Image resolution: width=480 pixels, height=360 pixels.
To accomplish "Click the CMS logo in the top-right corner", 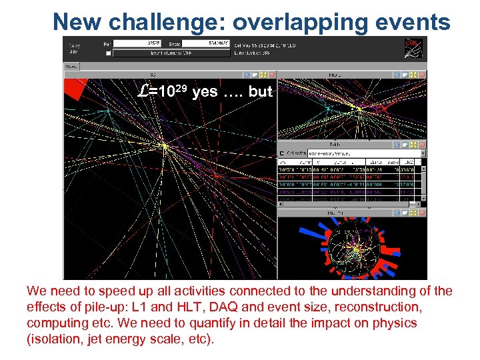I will pyautogui.click(x=413, y=47).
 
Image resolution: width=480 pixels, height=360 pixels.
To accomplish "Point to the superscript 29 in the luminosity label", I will pyautogui.click(x=178, y=87).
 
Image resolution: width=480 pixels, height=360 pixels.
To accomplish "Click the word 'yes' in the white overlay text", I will pyautogui.click(x=205, y=92).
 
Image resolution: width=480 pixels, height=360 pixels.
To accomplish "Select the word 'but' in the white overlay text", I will pyautogui.click(x=260, y=92).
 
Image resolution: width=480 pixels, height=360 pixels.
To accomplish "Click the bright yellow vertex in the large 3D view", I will pyautogui.click(x=164, y=145).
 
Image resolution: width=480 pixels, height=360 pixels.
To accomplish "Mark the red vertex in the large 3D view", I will pyautogui.click(x=216, y=177).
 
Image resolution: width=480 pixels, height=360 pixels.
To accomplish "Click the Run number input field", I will pyautogui.click(x=137, y=43).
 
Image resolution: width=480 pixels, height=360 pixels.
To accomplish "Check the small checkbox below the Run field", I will pyautogui.click(x=109, y=52).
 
